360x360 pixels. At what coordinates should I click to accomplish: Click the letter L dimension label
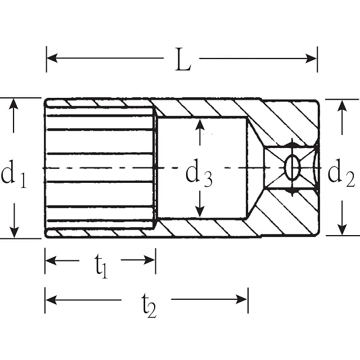coord(183,59)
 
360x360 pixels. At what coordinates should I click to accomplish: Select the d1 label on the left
coord(13,173)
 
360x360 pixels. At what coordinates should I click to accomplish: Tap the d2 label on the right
coord(341,173)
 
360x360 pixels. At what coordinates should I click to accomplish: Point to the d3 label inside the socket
coord(199,173)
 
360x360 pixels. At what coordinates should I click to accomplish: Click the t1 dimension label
coord(101,266)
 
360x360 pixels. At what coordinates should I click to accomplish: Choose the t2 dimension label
coord(148,305)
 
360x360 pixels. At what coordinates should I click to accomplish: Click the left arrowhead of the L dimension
coord(52,58)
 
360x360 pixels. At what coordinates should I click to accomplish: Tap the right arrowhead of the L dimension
coord(311,58)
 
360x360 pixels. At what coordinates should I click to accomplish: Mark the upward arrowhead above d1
coord(13,105)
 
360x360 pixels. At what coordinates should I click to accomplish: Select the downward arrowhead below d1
coord(14,232)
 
